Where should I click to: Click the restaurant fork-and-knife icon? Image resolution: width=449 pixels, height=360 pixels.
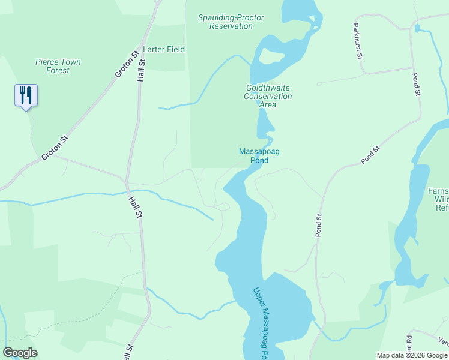tap(26, 95)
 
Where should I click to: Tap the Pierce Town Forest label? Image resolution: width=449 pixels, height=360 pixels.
tap(58, 66)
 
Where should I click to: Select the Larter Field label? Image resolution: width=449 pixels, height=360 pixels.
tap(164, 49)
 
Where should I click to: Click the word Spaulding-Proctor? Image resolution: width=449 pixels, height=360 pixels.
tap(231, 17)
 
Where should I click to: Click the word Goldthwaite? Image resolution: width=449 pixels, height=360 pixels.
tap(268, 88)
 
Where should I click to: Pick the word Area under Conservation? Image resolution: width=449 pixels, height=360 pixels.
tap(268, 104)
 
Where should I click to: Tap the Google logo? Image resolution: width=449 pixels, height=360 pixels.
tap(20, 353)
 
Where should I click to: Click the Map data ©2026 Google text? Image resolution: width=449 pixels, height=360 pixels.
tap(412, 355)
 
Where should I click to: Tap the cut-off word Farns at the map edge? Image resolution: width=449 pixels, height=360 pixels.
tap(438, 191)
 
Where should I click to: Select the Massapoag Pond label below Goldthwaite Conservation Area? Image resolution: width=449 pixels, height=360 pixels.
tap(259, 156)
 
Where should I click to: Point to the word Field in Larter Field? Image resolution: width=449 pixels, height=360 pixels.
tap(175, 49)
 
